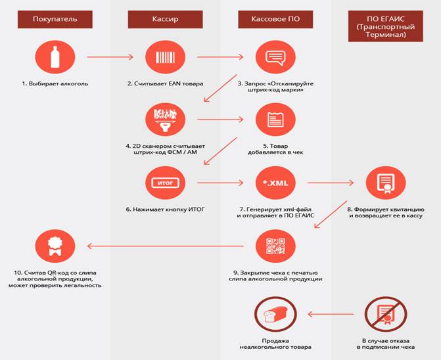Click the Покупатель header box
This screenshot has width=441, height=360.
55,20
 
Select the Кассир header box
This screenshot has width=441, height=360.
166,20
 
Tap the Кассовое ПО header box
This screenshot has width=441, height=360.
275,20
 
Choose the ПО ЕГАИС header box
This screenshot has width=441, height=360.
386,26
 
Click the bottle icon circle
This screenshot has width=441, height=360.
55,57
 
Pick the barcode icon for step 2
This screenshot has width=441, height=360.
166,57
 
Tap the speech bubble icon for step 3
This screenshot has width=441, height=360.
275,57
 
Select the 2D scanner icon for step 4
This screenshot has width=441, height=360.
166,120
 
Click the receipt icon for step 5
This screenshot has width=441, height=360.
275,120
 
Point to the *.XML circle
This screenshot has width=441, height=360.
275,183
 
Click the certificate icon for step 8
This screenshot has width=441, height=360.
386,183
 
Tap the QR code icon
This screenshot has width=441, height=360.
275,246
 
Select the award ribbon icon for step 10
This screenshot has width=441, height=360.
55,246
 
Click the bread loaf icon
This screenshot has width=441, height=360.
275,314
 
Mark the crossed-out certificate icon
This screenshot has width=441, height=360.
386,314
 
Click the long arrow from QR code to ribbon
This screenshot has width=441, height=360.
166,246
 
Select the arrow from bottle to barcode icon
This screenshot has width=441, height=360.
110,57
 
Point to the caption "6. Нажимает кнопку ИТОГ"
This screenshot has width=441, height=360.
166,210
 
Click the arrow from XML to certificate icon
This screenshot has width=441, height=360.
331,183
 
